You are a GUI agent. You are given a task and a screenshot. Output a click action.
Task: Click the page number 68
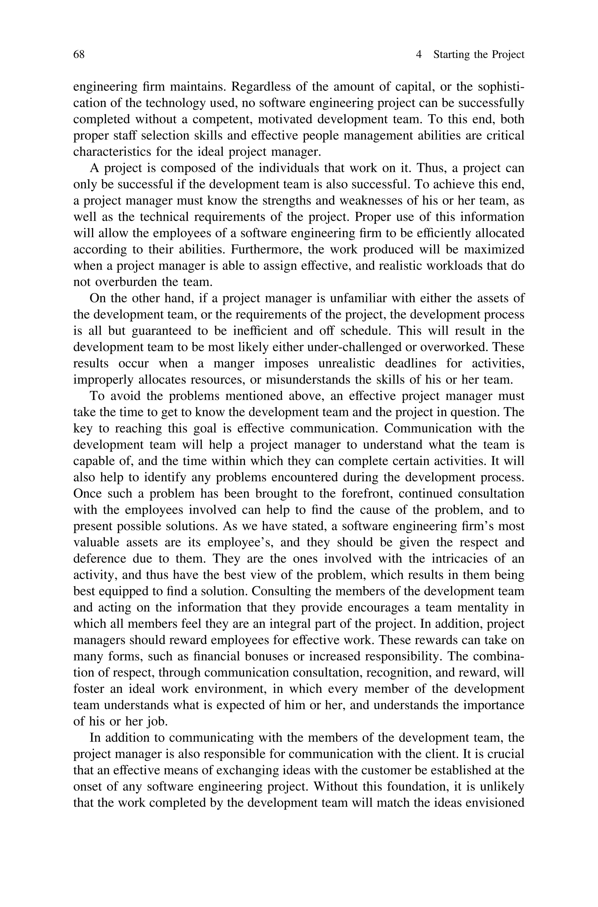79,55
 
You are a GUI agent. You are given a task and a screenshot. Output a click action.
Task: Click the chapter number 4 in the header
419,55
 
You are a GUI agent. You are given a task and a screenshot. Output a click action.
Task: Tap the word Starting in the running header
451,55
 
